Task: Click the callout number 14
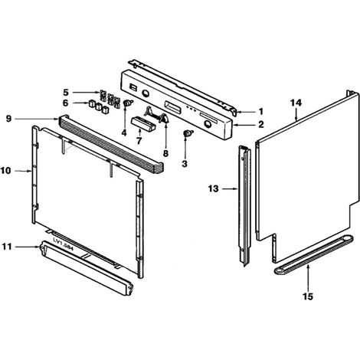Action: (296, 103)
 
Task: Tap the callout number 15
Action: (308, 296)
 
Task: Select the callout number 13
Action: (214, 189)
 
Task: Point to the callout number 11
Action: (7, 247)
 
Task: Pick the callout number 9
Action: (8, 119)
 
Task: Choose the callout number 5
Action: (66, 92)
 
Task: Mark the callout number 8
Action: (165, 154)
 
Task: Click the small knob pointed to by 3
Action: (188, 133)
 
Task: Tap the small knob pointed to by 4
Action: (127, 103)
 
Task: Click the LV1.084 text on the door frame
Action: (63, 244)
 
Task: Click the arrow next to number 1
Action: (246, 112)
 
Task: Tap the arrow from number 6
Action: (80, 103)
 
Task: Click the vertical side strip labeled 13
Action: (244, 206)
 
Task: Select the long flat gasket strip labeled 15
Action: (313, 255)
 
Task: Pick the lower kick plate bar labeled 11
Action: (87, 268)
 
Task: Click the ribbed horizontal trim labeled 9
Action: (112, 142)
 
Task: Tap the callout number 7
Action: (139, 141)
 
